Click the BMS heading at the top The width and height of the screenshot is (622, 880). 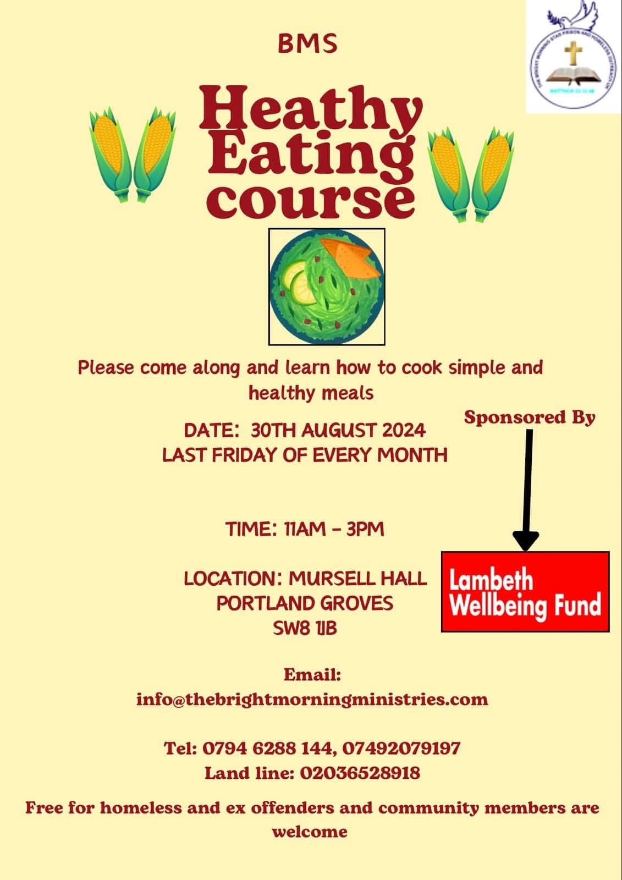click(x=307, y=45)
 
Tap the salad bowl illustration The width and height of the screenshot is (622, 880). click(x=327, y=287)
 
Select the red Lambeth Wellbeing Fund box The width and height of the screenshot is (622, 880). click(x=525, y=591)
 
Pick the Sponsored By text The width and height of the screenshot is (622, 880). click(x=530, y=417)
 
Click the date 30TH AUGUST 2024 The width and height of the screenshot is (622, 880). click(x=338, y=430)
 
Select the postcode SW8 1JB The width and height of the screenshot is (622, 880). click(x=305, y=628)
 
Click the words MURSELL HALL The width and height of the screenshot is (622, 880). click(x=357, y=578)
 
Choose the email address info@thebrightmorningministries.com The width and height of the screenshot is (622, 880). click(x=312, y=699)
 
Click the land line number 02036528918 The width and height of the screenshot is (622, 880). click(x=360, y=773)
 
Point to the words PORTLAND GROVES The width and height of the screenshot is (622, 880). click(x=305, y=603)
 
